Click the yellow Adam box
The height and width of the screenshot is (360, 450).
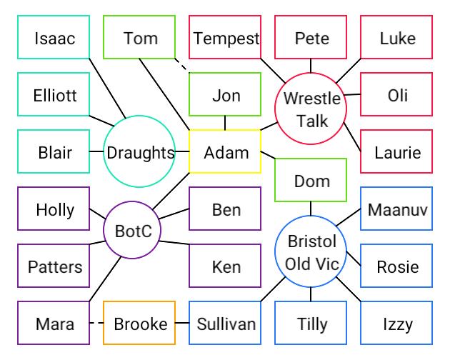point(225,151)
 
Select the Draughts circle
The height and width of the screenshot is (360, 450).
point(139,151)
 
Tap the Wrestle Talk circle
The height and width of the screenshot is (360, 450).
point(311,109)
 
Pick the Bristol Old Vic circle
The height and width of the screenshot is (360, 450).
point(311,251)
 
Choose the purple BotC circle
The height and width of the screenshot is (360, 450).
point(132,230)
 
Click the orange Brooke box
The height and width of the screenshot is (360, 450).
point(139,323)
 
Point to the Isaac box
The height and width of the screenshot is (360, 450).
point(54,37)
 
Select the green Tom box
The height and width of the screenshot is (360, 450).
point(139,37)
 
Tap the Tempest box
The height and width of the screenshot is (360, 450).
point(225,37)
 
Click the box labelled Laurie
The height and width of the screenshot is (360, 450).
point(396,151)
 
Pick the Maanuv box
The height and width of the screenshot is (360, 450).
point(396,209)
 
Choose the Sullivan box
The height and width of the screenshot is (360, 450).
point(225,323)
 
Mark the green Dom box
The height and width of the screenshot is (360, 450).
point(311,180)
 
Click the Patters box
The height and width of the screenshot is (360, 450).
point(54,266)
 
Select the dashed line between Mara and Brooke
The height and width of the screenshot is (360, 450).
point(96,323)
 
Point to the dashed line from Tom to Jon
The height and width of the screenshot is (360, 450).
point(181,66)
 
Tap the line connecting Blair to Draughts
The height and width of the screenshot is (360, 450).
point(96,151)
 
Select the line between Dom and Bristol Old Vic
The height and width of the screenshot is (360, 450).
point(311,209)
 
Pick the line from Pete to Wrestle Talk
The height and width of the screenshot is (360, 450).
point(311,66)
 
